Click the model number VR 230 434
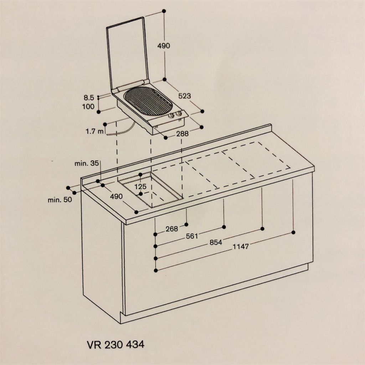(116, 345)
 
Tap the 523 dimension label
(185, 96)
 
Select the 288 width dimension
(182, 134)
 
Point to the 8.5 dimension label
(89, 98)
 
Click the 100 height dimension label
(88, 107)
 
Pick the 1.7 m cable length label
(94, 132)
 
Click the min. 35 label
(87, 163)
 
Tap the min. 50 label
(60, 200)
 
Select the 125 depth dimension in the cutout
(140, 186)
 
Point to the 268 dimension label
(172, 229)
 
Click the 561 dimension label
(192, 236)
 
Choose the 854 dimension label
(216, 242)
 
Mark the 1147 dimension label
(241, 247)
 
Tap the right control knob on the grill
(179, 114)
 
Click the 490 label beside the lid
(164, 46)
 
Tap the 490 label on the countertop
(116, 196)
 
